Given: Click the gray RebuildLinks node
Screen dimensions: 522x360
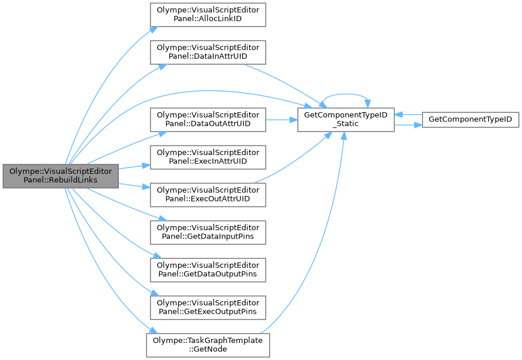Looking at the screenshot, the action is click(x=61, y=176).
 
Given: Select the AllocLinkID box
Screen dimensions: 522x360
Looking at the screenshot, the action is click(x=208, y=15).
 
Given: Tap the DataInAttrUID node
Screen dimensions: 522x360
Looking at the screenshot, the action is click(x=208, y=52).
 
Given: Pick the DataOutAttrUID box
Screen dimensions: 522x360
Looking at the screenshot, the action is click(x=208, y=119).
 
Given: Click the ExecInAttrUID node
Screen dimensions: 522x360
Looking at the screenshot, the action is click(x=208, y=157).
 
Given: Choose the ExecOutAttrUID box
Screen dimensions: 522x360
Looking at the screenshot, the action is click(x=208, y=194).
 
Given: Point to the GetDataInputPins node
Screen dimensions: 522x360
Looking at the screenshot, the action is click(x=208, y=232).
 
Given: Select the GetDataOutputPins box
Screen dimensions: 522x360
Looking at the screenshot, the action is click(x=208, y=270).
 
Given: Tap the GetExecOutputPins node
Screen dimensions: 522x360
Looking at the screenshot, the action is click(x=208, y=307).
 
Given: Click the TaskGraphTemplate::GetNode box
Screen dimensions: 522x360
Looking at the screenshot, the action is click(x=208, y=345).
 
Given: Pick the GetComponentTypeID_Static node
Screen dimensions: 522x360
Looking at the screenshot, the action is click(x=346, y=119).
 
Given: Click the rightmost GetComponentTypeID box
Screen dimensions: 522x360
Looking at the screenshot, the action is click(x=470, y=119).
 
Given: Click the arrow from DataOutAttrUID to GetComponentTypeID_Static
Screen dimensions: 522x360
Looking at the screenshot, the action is click(x=282, y=119).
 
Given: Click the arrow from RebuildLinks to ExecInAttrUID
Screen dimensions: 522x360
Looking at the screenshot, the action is click(x=134, y=167).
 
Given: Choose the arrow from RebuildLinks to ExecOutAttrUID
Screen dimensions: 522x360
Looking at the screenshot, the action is click(x=134, y=186).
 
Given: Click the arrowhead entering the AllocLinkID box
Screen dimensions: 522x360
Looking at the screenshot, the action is click(x=153, y=29).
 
